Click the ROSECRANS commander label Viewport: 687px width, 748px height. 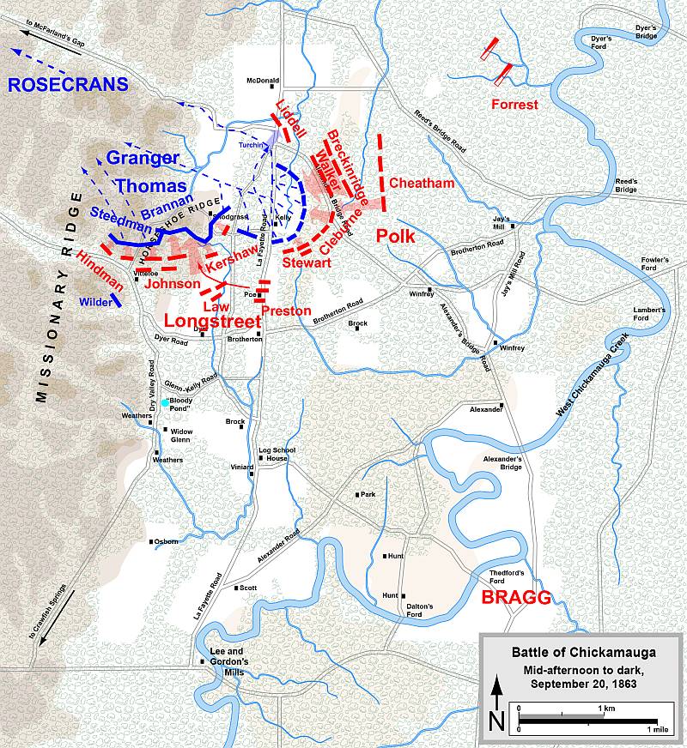click(69, 84)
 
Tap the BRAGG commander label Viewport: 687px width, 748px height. click(515, 598)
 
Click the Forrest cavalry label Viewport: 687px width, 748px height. click(515, 105)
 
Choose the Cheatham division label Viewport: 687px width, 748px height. click(422, 183)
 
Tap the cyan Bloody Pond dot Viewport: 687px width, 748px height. click(166, 402)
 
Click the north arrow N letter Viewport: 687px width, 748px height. click(495, 721)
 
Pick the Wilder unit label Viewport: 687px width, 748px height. click(95, 302)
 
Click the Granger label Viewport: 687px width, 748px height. click(143, 158)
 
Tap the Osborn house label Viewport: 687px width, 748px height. click(167, 541)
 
